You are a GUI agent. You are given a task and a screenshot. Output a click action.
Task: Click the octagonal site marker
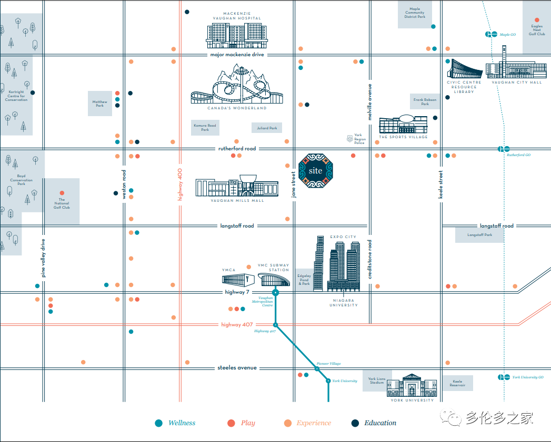click(x=316, y=171)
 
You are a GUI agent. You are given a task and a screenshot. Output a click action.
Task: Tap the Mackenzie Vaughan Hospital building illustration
click(x=234, y=35)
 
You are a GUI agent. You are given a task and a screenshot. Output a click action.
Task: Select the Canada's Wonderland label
click(x=237, y=108)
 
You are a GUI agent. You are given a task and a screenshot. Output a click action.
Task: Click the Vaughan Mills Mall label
click(x=237, y=201)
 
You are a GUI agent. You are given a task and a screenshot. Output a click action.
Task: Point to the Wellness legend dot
click(x=159, y=423)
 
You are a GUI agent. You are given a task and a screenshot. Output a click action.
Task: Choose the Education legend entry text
click(x=380, y=423)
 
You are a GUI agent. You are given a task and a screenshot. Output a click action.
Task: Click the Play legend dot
click(x=231, y=423)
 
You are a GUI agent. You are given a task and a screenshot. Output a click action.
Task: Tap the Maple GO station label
click(x=508, y=35)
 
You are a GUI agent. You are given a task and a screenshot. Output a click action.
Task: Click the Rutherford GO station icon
click(x=504, y=149)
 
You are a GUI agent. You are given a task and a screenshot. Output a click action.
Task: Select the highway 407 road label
click(x=237, y=325)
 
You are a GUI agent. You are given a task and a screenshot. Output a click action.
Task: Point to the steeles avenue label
click(x=237, y=368)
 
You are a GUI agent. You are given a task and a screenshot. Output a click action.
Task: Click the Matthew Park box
click(x=99, y=104)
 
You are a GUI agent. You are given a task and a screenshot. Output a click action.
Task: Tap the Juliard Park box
click(x=267, y=128)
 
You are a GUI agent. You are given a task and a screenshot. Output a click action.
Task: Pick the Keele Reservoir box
click(x=457, y=383)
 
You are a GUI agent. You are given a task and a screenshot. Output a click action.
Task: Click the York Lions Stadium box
click(x=377, y=381)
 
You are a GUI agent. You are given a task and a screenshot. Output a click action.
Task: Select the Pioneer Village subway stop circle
click(x=317, y=368)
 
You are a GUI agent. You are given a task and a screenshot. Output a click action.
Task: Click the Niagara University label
click(x=344, y=303)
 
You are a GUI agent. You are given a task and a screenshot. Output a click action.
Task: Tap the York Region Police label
click(x=359, y=139)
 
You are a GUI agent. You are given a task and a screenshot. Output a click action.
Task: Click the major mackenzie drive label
click(x=237, y=55)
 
